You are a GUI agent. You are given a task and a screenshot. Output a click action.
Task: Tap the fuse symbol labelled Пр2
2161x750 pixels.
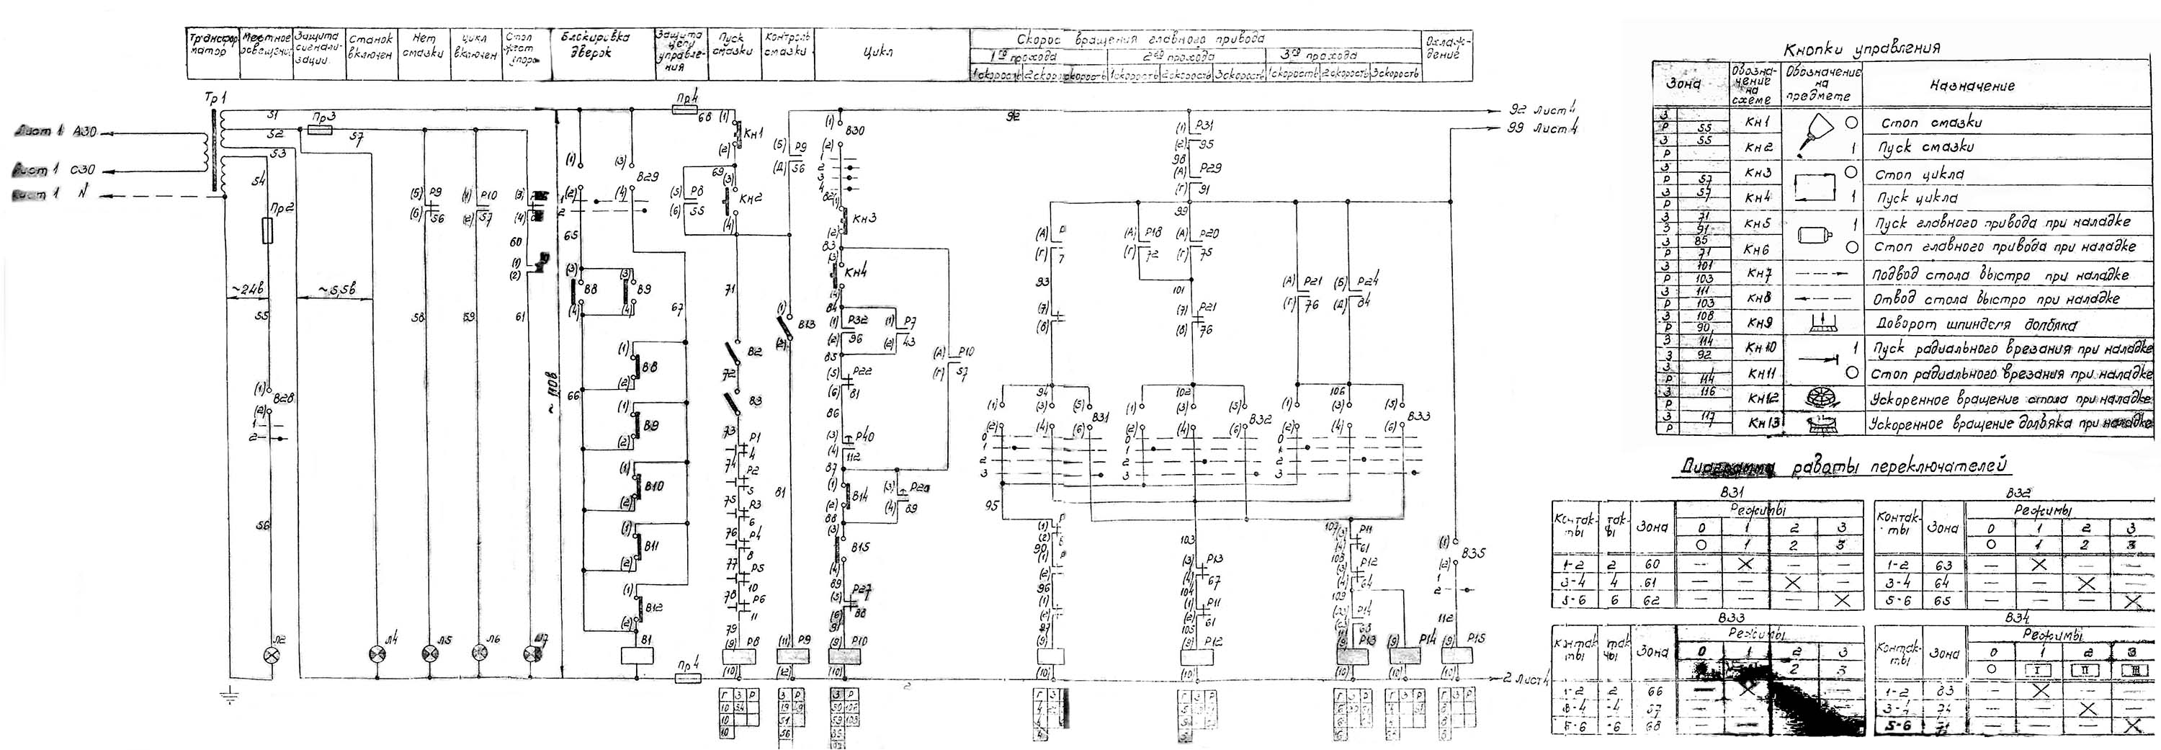click(268, 231)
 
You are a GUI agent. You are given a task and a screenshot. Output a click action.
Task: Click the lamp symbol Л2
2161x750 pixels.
click(271, 653)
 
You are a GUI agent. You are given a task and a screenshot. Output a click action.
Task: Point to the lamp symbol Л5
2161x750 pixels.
click(429, 653)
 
